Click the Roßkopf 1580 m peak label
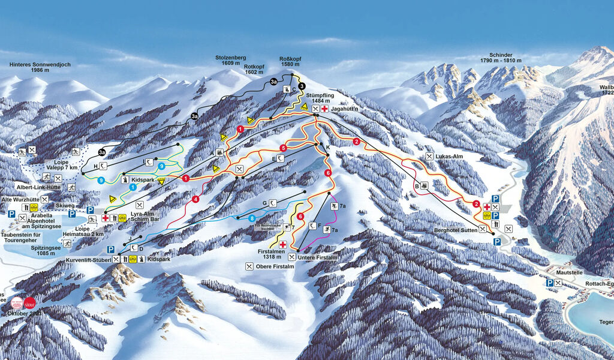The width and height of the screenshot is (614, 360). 290,62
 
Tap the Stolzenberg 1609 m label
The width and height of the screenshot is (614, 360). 231,60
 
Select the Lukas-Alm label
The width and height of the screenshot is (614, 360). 451,156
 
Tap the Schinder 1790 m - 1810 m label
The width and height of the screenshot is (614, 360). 496,58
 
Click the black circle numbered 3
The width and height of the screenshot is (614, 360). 302,86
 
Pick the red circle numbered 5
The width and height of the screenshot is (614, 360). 283,147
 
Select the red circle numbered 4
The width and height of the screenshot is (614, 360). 195,199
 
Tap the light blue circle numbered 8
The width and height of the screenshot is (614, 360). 252,218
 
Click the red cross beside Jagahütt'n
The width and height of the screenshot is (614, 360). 324,109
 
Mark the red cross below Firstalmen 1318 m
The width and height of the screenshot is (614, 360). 282,244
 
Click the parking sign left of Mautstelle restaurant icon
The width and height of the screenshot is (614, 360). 549,283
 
